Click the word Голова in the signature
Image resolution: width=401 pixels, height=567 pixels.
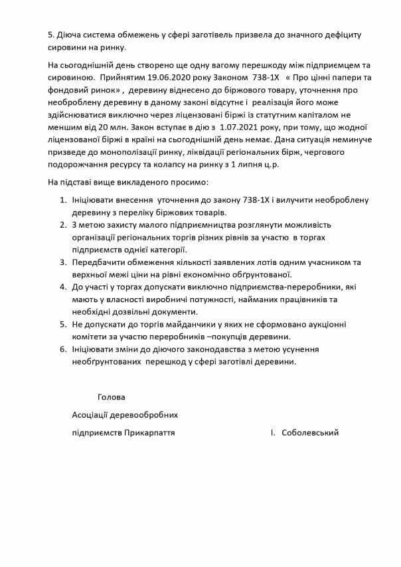click(111, 398)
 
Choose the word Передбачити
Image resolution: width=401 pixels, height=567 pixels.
click(103, 263)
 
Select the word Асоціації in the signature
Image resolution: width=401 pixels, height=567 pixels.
click(93, 416)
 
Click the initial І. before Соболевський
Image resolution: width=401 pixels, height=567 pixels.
click(272, 433)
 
